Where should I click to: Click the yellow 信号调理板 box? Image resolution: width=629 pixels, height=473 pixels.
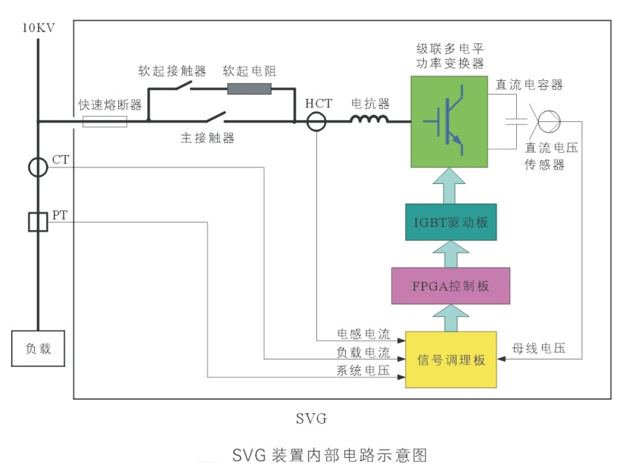tap(450, 359)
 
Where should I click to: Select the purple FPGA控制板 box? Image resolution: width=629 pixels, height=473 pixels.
tap(450, 286)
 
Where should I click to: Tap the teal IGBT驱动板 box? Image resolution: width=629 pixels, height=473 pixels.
tap(450, 222)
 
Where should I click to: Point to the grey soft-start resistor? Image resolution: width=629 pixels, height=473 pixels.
tap(249, 89)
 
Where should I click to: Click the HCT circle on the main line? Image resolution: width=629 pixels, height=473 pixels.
tap(316, 121)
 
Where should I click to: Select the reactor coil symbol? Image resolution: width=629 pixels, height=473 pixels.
tap(370, 119)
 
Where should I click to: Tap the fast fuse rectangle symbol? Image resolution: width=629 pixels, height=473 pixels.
tap(104, 121)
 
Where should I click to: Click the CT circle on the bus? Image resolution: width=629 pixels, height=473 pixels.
tap(38, 167)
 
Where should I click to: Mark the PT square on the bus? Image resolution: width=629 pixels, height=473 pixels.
tap(38, 222)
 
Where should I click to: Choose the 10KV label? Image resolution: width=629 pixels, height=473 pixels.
tap(38, 29)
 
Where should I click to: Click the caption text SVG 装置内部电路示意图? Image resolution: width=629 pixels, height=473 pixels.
tap(330, 456)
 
